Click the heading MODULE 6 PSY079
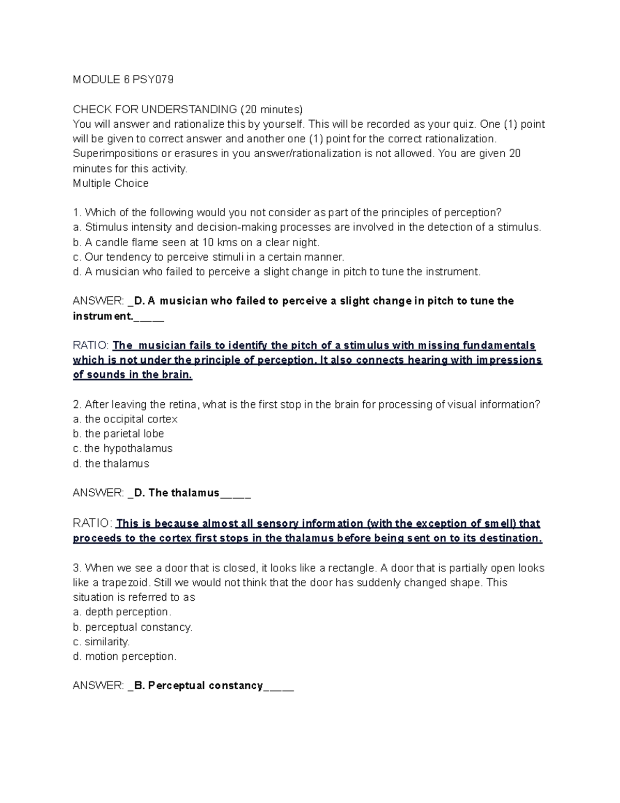[x=123, y=80]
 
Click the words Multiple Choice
[x=111, y=184]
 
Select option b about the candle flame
[x=196, y=243]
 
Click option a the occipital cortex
[x=126, y=419]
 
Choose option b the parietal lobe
[x=118, y=434]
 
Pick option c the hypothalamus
[x=122, y=448]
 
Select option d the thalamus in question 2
[x=111, y=464]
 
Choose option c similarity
[x=101, y=642]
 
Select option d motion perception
[x=125, y=657]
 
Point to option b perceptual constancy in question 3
[x=133, y=627]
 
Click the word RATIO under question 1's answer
[x=90, y=345]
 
